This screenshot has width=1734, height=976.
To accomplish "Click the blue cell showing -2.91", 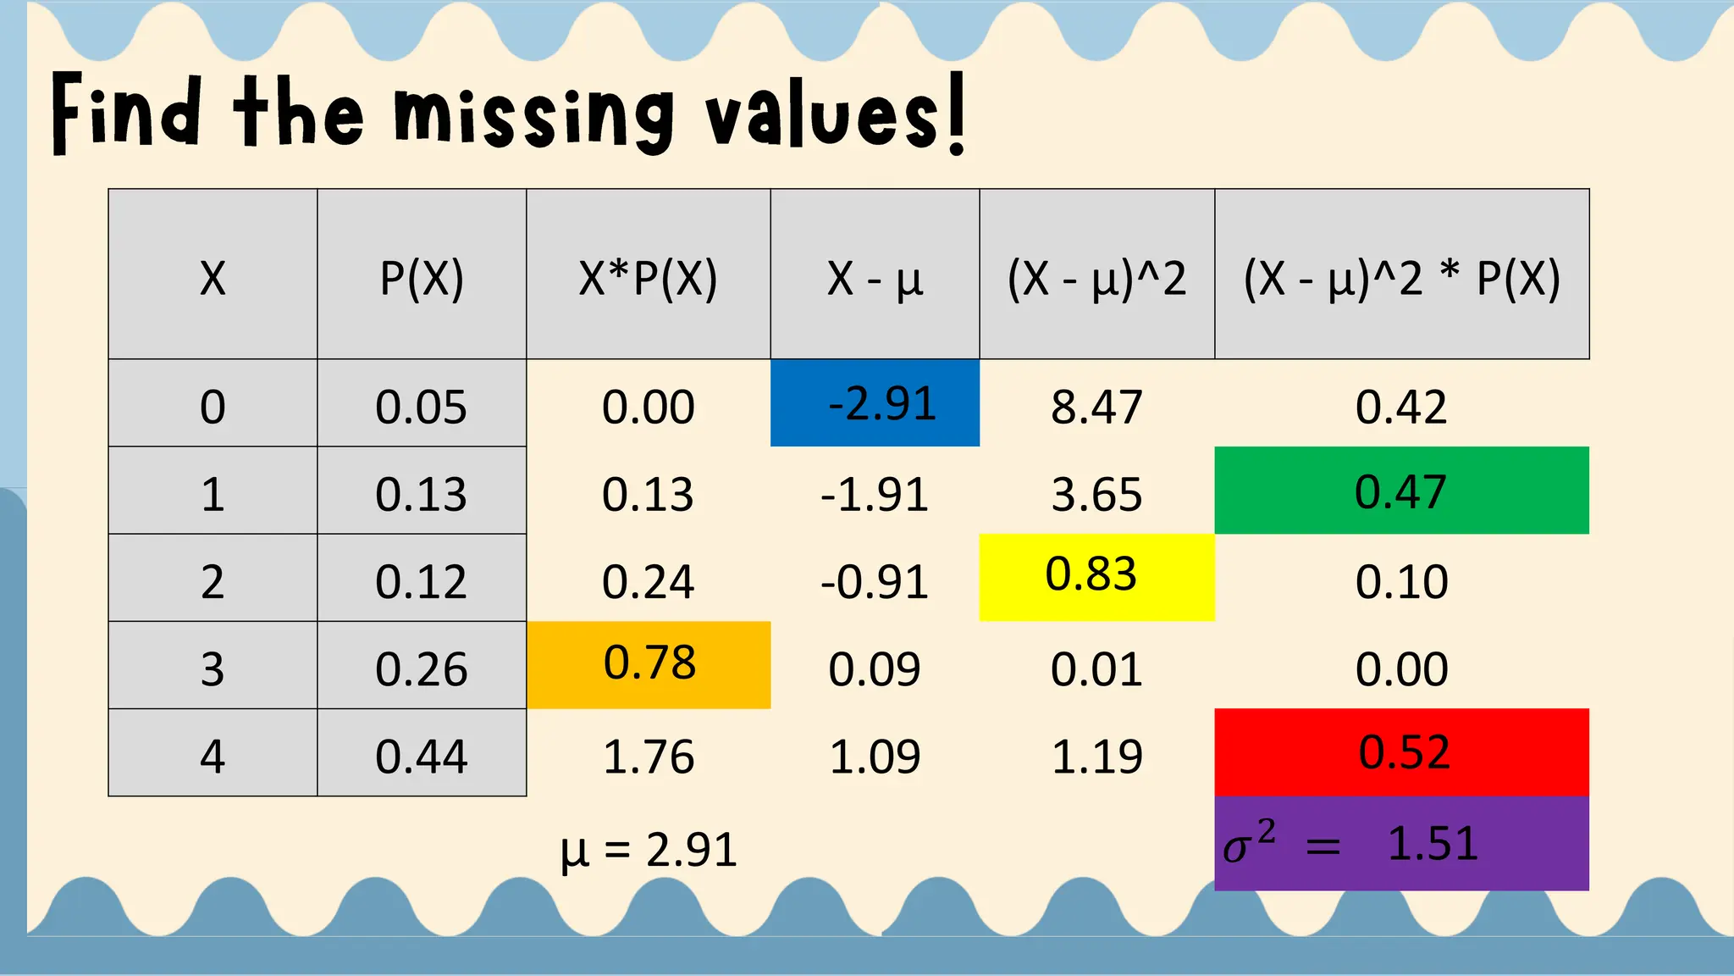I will click(x=875, y=403).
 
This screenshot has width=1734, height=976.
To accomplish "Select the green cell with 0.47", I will click(x=1401, y=491).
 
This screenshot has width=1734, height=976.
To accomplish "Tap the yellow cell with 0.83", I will click(x=1096, y=576).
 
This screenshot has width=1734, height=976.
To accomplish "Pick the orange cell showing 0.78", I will click(x=649, y=663).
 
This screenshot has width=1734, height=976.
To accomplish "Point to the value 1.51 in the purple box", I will click(x=1433, y=844).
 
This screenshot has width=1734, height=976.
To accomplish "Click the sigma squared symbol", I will click(x=1248, y=843).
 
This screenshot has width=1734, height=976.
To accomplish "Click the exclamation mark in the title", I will click(x=957, y=114).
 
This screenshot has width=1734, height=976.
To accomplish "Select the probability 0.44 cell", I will click(x=422, y=756).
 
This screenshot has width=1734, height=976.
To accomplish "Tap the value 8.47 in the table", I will click(x=1096, y=407).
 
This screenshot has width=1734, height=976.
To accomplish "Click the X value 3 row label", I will click(x=213, y=668).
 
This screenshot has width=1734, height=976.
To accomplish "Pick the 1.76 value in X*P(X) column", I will click(x=649, y=757).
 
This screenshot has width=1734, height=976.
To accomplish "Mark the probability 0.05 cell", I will click(x=422, y=407).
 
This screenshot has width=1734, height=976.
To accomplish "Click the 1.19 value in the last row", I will click(x=1096, y=757).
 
